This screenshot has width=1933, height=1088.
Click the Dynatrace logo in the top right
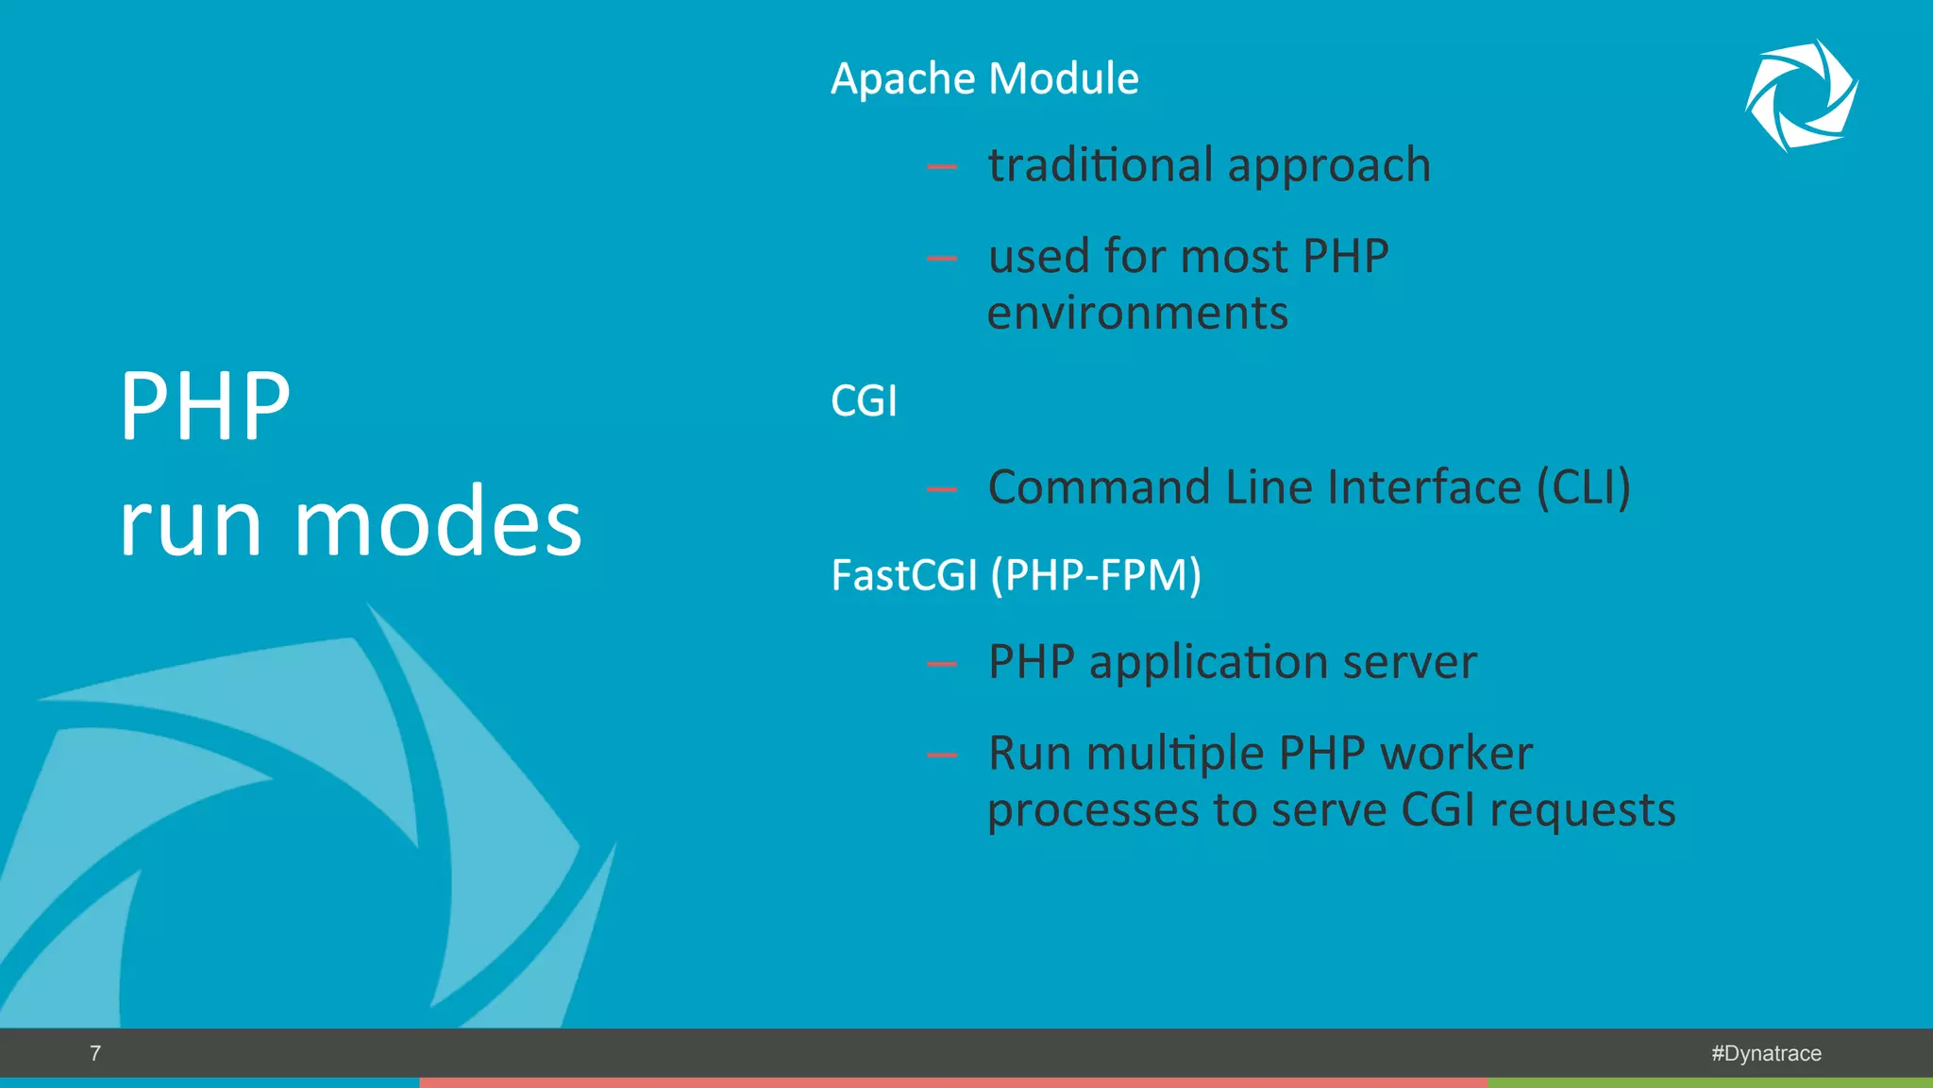tap(1801, 95)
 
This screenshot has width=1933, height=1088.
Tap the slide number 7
tap(95, 1053)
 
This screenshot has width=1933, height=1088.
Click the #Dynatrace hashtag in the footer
tap(1766, 1053)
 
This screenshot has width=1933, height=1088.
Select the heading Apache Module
tap(984, 78)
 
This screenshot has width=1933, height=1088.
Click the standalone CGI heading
tap(864, 401)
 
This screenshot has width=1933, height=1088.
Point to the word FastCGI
tap(903, 575)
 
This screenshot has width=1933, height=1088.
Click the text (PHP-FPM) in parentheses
tap(1096, 575)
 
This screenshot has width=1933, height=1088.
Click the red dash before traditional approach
tap(941, 168)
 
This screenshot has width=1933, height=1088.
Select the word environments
tap(1137, 313)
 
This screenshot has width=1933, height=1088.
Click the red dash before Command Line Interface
tap(941, 489)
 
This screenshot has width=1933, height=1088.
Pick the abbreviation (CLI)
tap(1584, 488)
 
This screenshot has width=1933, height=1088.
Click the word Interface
tap(1424, 487)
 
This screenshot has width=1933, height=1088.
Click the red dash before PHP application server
tap(941, 664)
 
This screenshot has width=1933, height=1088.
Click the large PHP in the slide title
tap(205, 406)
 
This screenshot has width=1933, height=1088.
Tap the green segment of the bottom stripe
tap(1709, 1082)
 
